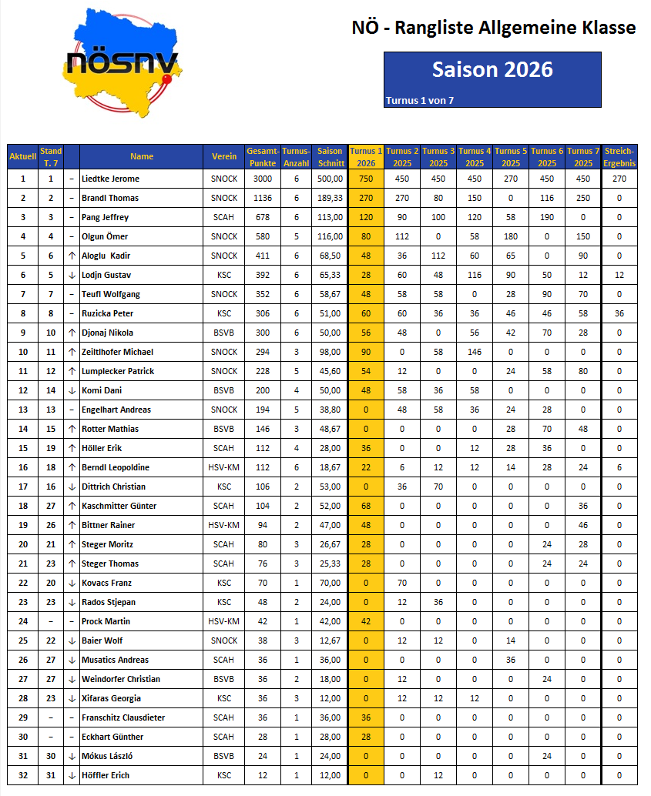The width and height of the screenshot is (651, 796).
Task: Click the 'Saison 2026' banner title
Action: pos(492,69)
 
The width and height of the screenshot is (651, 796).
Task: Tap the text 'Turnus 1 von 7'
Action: pos(419,100)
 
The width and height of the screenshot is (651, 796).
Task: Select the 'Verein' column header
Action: pos(224,156)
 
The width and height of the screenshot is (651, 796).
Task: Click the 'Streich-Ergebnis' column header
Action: pos(619,156)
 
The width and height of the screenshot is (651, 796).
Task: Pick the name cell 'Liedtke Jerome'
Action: pos(110,179)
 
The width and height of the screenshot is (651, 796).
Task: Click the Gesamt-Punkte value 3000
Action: pos(262,179)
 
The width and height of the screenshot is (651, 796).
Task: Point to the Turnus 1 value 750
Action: pos(366,179)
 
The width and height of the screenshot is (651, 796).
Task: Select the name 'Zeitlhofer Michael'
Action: pos(117,352)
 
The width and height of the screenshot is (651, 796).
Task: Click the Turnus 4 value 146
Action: pos(475,352)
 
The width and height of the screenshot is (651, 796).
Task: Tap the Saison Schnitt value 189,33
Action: pos(331,198)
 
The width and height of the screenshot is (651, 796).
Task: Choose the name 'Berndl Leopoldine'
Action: pos(116,467)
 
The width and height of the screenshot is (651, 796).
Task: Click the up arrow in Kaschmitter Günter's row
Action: pos(72,506)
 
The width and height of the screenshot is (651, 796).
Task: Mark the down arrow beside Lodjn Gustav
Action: pos(72,275)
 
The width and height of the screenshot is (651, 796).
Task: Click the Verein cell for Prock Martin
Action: pos(224,621)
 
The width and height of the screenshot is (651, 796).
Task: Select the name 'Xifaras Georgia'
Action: pos(111,698)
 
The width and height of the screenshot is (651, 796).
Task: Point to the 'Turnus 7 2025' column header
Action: pos(583,156)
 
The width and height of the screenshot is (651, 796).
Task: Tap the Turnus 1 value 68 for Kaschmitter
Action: pos(366,506)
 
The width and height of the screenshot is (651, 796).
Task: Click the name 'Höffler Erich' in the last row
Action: pos(106,775)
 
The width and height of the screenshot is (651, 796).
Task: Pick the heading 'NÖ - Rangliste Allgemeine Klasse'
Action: pos(494,28)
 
